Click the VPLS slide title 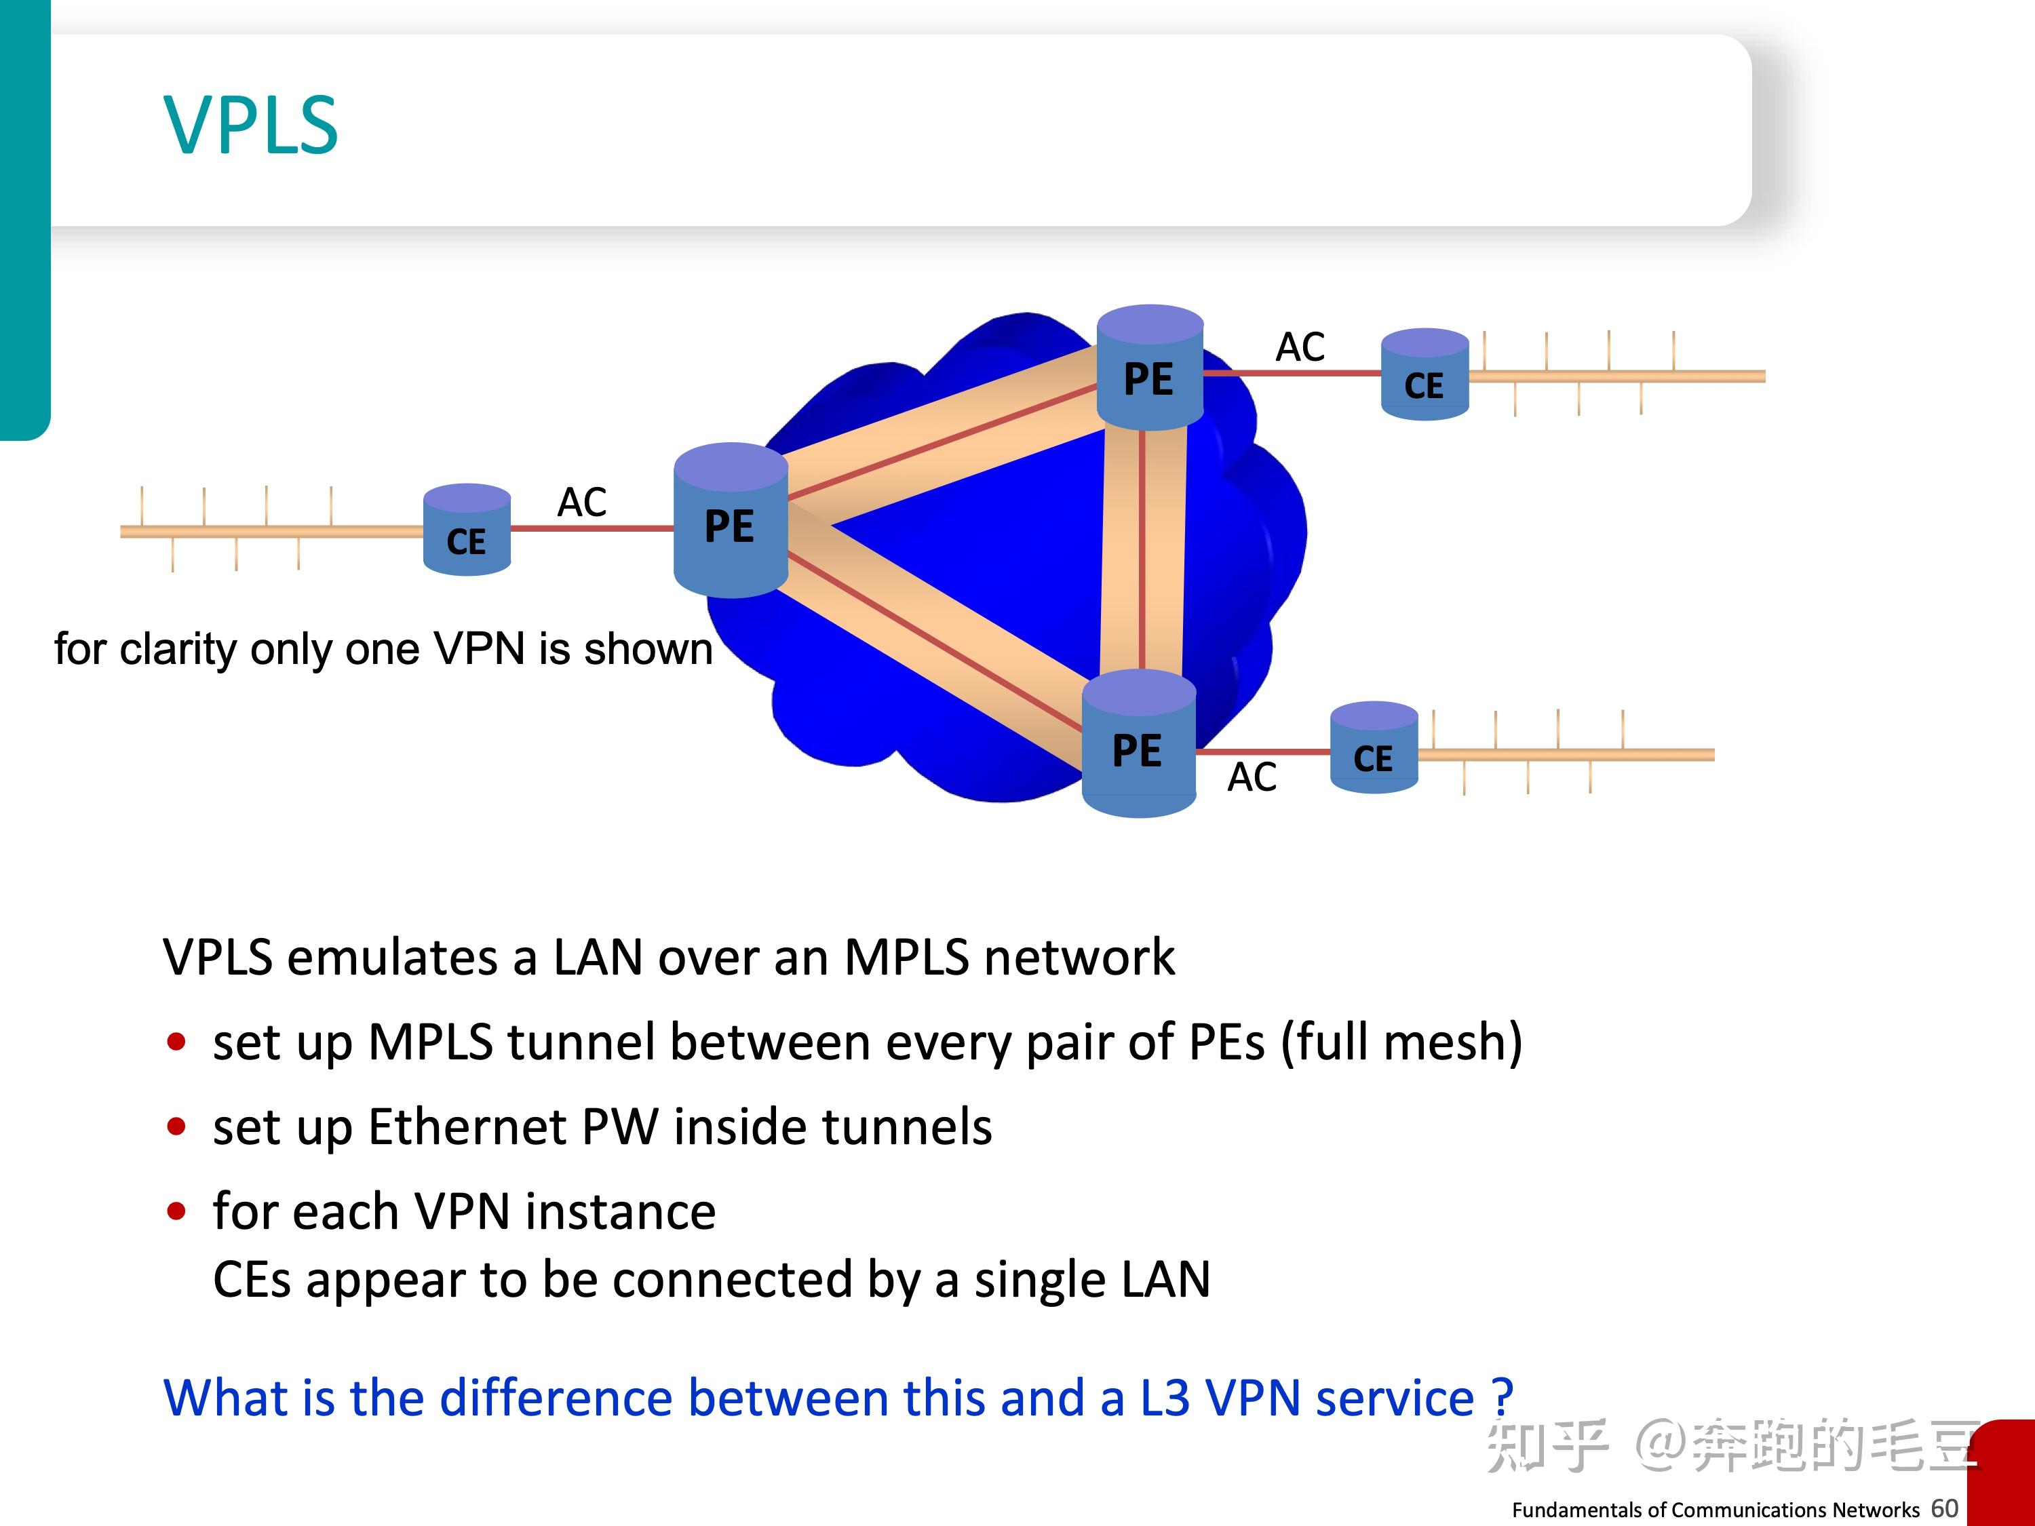[251, 126]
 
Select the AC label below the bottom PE [1251, 778]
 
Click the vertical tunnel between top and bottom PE [1142, 552]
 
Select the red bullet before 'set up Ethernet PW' [176, 1127]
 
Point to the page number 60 [1944, 1508]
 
